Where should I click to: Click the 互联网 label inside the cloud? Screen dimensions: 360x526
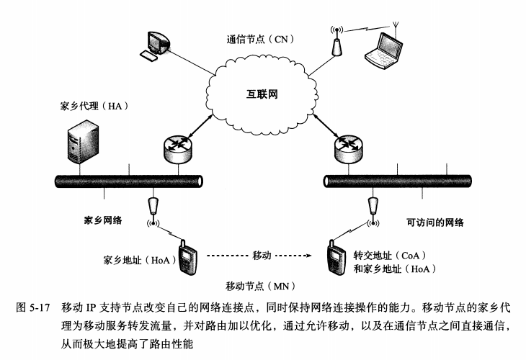point(262,94)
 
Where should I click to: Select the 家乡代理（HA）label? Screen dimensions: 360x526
point(93,107)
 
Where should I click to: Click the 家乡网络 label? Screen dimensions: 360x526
point(102,220)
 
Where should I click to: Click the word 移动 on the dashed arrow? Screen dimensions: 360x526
point(262,255)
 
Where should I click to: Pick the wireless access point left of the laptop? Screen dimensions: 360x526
point(335,44)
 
